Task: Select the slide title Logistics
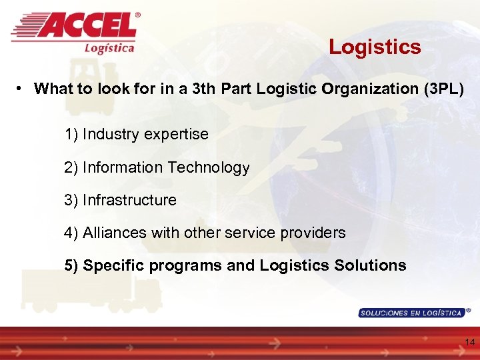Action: coord(375,47)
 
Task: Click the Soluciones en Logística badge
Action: coord(411,313)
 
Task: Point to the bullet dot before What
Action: coord(23,88)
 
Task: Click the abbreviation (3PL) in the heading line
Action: coord(443,89)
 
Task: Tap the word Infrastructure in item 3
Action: coord(129,200)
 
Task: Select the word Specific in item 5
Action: coord(113,265)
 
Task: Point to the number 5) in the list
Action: coord(71,265)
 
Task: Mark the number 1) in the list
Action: coord(71,135)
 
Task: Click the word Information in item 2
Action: coord(123,168)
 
